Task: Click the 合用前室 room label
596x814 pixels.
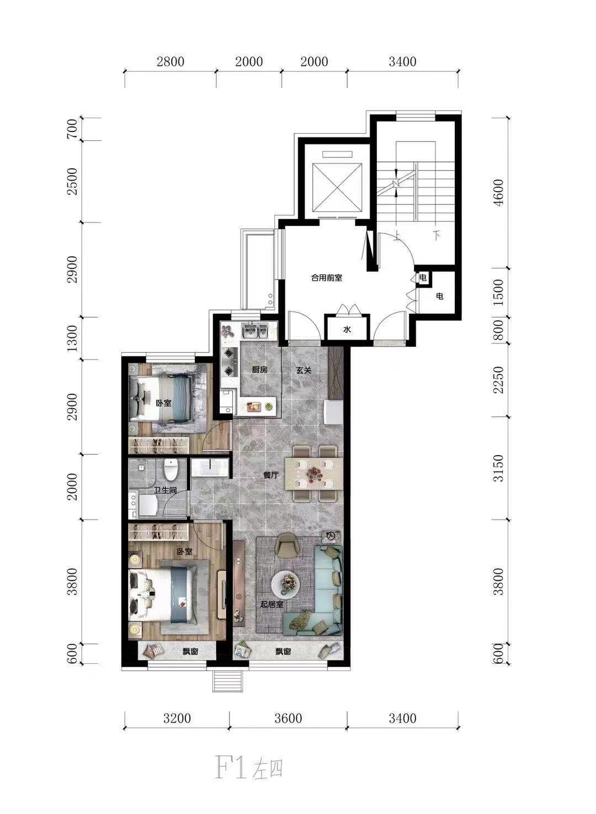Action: [x=327, y=278]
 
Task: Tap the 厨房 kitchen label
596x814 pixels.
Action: [x=260, y=370]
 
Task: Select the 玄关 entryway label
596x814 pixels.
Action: [x=304, y=370]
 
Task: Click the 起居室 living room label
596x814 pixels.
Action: [x=272, y=604]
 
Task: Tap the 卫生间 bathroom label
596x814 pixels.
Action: [x=165, y=490]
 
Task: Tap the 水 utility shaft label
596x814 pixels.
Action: [x=348, y=330]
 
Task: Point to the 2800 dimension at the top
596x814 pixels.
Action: [x=171, y=61]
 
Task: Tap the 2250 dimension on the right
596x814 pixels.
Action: [x=500, y=380]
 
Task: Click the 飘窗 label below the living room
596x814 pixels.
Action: [x=283, y=652]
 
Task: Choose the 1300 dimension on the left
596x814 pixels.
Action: [x=73, y=339]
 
